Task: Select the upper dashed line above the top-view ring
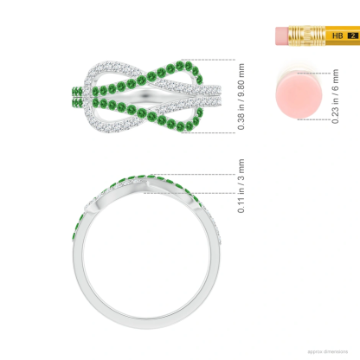[x=199, y=60]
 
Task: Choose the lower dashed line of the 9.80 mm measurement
[x=199, y=132]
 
